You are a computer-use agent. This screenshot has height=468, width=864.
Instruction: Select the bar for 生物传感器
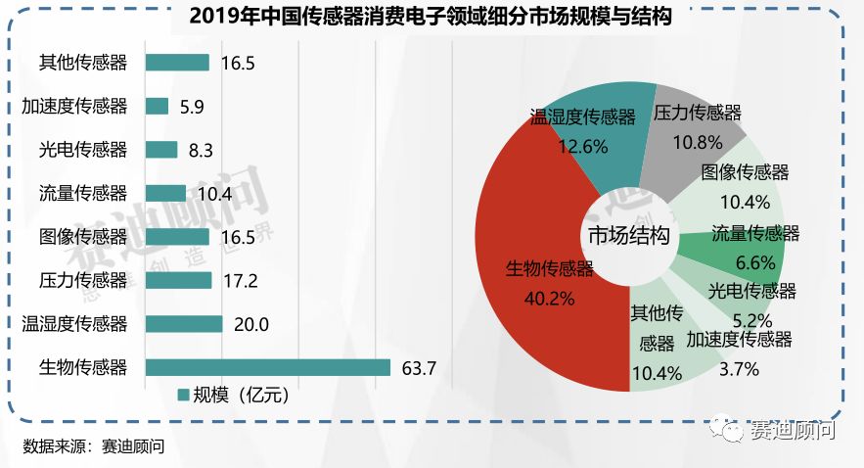pos(267,367)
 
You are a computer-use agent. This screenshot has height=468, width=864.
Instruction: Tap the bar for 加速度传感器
pos(157,106)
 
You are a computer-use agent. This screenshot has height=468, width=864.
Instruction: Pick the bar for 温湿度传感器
pos(184,324)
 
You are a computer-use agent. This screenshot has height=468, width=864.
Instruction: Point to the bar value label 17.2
pos(240,281)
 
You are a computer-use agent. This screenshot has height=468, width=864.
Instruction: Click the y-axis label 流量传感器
pos(83,193)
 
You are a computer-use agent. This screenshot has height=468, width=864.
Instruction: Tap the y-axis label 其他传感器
pos(83,63)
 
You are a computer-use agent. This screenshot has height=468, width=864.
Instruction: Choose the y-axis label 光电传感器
pos(83,150)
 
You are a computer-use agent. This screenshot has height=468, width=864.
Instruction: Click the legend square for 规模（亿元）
pos(182,396)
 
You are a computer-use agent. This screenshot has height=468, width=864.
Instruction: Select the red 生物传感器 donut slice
pos(528,294)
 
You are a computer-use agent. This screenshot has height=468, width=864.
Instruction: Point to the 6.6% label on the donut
pos(755,262)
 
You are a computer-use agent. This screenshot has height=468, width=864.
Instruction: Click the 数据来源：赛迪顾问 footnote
pos(93,446)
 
